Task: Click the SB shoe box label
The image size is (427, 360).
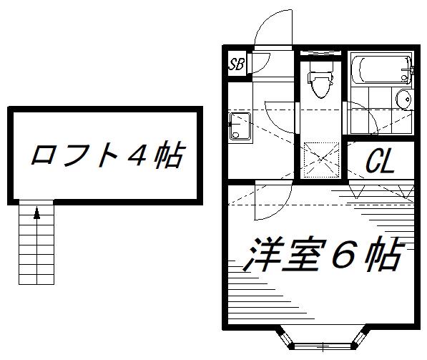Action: click(x=236, y=64)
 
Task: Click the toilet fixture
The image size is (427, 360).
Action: click(x=320, y=79)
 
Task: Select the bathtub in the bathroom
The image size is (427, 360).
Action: click(x=381, y=69)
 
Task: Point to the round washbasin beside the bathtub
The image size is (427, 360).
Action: click(x=403, y=99)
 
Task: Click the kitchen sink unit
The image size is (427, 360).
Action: click(x=240, y=126)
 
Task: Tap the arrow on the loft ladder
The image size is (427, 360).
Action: click(x=36, y=213)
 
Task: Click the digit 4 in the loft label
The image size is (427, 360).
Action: click(x=137, y=155)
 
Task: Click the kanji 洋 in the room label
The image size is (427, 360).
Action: click(x=259, y=255)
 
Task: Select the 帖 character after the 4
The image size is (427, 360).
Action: click(x=169, y=155)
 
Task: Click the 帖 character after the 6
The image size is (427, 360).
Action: click(x=383, y=255)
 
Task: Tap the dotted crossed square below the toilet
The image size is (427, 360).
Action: click(x=321, y=160)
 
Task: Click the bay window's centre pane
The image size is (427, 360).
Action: click(x=323, y=346)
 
